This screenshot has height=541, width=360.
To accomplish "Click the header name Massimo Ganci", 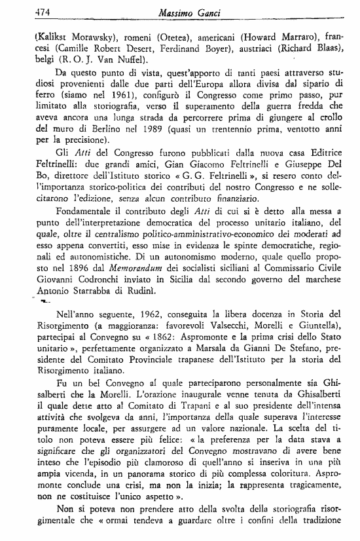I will tap(184, 12).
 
